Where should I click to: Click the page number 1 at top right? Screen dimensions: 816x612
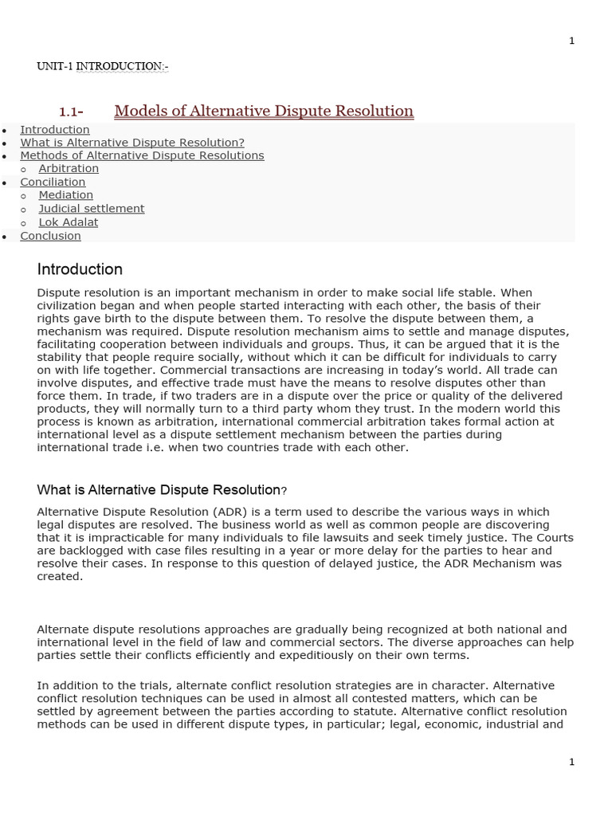pyautogui.click(x=571, y=41)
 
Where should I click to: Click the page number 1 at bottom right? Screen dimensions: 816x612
pyautogui.click(x=571, y=763)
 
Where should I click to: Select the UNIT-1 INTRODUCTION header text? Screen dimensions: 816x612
pyautogui.click(x=103, y=67)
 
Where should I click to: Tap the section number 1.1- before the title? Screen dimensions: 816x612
pyautogui.click(x=72, y=112)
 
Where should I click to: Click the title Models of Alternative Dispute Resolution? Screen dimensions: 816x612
pyautogui.click(x=264, y=112)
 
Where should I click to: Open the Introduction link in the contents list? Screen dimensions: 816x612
pyautogui.click(x=55, y=130)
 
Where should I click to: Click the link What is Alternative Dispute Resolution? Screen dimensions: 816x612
pyautogui.click(x=132, y=143)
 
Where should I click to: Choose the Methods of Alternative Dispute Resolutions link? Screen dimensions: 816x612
pyautogui.click(x=142, y=155)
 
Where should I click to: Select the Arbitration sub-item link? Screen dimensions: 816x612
pyautogui.click(x=69, y=169)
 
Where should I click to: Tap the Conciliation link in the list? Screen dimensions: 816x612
pyautogui.click(x=53, y=182)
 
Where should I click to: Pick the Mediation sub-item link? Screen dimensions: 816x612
pyautogui.click(x=66, y=195)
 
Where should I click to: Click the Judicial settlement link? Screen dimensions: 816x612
pyautogui.click(x=92, y=209)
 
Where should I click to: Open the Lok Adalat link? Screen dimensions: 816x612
pyautogui.click(x=69, y=222)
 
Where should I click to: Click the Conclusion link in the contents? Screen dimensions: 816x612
pyautogui.click(x=50, y=236)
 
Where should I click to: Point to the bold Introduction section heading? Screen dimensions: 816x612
pyautogui.click(x=80, y=269)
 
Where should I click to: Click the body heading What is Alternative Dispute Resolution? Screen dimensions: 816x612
pyautogui.click(x=159, y=489)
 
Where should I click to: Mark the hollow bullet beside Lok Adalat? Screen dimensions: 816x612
pyautogui.click(x=25, y=223)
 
